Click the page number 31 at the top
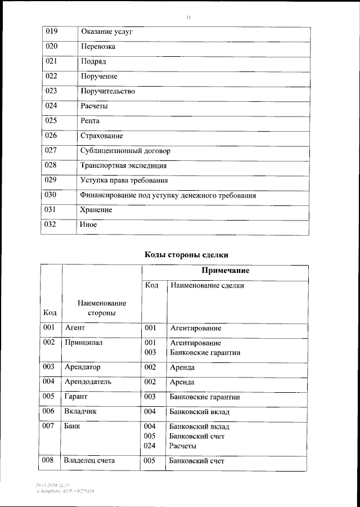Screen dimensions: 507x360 point(188,18)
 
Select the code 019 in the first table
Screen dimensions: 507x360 point(52,32)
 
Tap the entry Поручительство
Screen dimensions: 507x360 point(108,91)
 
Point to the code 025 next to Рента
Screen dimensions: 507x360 point(52,120)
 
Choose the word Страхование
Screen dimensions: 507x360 point(102,136)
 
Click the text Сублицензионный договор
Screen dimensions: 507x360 point(125,151)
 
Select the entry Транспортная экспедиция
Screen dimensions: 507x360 point(124,166)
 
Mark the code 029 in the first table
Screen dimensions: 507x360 point(52,181)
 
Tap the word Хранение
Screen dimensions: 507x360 point(97,210)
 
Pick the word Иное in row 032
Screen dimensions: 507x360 point(89,225)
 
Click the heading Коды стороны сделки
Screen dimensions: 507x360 point(187,255)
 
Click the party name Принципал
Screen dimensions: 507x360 point(84,343)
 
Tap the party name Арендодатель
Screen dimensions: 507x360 point(88,382)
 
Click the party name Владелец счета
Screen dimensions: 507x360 point(90,461)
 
